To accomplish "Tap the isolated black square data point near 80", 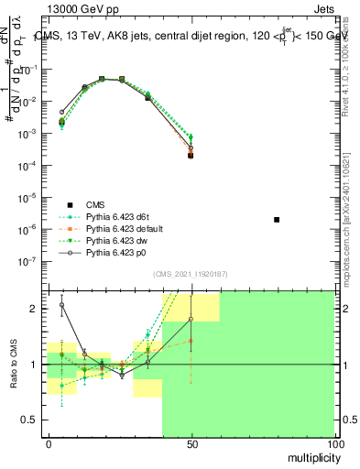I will (277, 220).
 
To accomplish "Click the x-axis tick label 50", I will (191, 443).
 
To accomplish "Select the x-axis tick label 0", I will (49, 443).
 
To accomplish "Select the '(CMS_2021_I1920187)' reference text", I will (190, 274).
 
